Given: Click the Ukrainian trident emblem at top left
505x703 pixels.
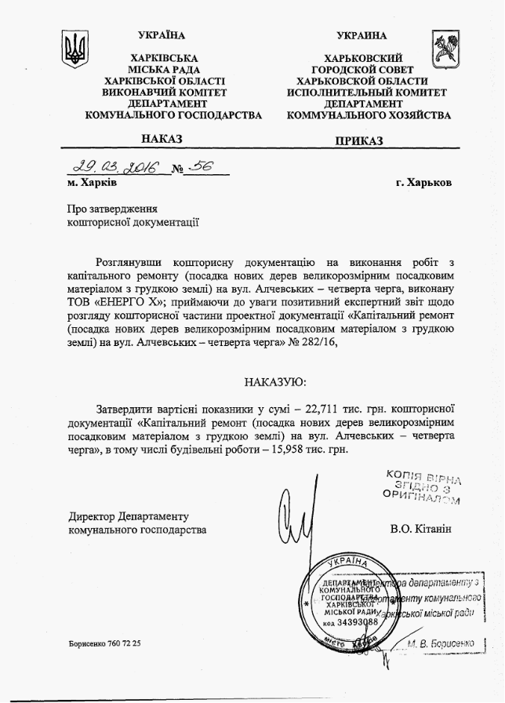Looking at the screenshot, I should (74, 49).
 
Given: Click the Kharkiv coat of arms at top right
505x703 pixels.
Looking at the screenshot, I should (440, 49).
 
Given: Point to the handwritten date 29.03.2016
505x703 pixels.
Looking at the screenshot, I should (114, 167).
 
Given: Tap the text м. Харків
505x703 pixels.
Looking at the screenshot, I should (93, 183).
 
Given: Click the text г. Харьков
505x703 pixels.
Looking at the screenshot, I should (424, 183).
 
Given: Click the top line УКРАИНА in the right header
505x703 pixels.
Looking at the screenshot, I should (362, 35).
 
